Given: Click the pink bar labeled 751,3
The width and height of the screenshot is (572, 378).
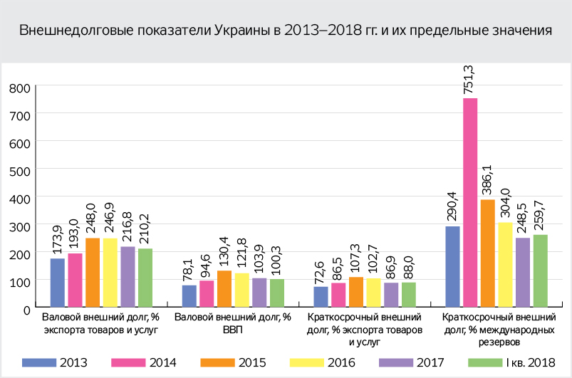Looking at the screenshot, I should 470,203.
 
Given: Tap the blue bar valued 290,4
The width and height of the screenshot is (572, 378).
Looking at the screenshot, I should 452,267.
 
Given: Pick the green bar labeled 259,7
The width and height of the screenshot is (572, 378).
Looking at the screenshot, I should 541,271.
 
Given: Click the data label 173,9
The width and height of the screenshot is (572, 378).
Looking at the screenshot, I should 58,238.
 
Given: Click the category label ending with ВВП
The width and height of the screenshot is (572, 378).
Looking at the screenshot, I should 233,323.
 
